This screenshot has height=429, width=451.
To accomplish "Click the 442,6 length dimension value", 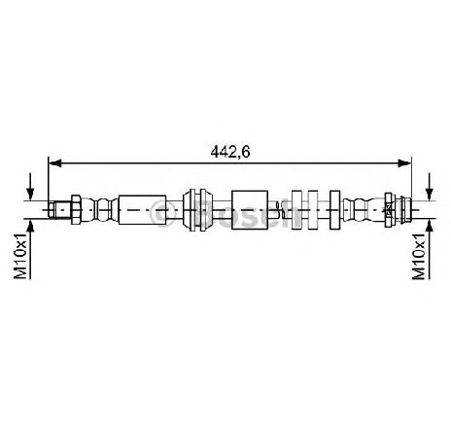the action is (230, 152).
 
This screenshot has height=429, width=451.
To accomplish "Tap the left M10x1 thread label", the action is (20, 256).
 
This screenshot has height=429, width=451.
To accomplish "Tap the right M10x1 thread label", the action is (419, 256).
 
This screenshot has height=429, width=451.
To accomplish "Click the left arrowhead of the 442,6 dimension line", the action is (54, 163).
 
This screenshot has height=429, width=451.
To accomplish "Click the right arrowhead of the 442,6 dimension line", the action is (404, 163).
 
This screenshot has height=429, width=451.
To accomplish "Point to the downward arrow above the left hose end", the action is (30, 187).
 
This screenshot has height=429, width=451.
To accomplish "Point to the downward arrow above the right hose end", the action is (430, 187).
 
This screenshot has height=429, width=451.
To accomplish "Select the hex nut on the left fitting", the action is (76, 209).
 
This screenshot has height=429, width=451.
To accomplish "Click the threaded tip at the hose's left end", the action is (52, 209).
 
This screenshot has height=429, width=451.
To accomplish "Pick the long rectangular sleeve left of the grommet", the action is (142, 209).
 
